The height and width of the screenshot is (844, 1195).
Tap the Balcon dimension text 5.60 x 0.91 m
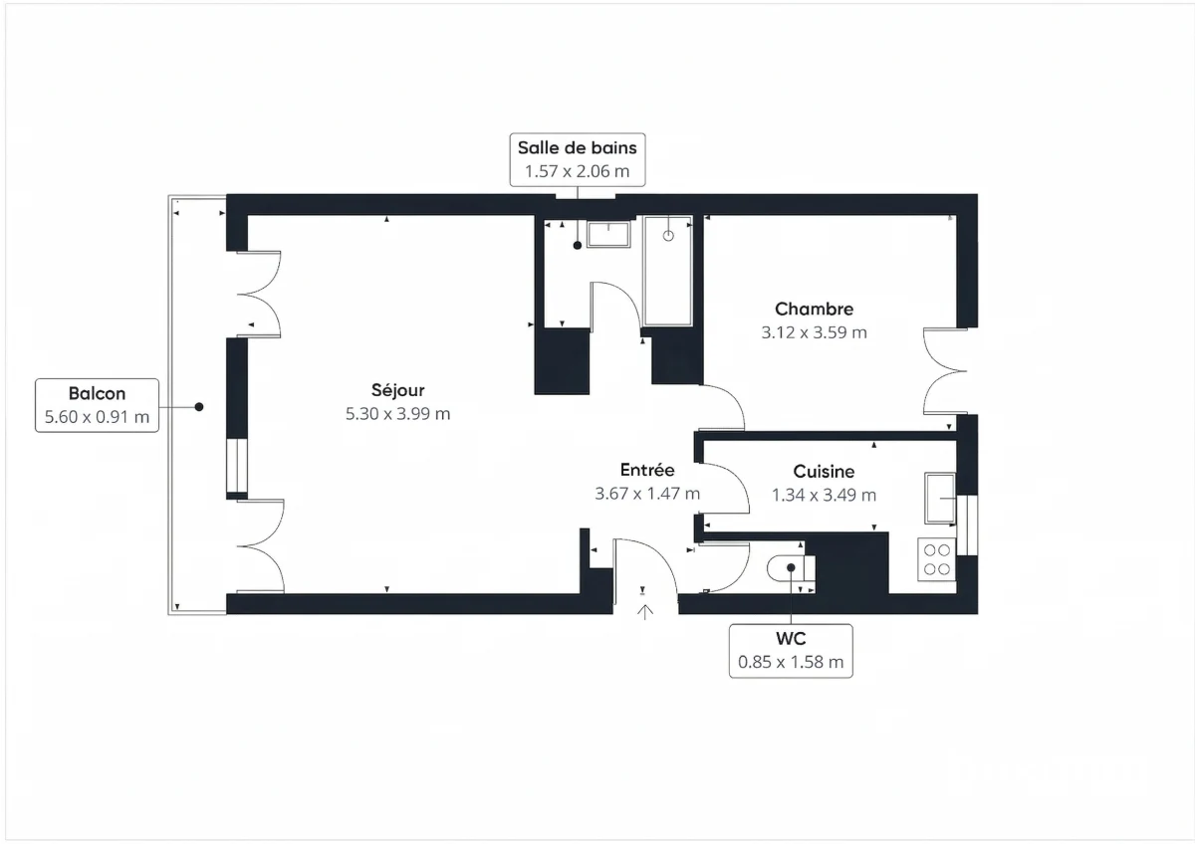pyautogui.click(x=98, y=417)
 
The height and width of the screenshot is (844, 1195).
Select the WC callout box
pyautogui.click(x=791, y=651)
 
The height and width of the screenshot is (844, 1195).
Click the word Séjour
pyautogui.click(x=397, y=390)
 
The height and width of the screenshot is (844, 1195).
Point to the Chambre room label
pyautogui.click(x=814, y=310)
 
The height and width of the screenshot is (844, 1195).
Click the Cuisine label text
pyautogui.click(x=824, y=472)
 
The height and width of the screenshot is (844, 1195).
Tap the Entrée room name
pyautogui.click(x=647, y=470)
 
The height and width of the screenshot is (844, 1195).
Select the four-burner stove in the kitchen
pyautogui.click(x=936, y=559)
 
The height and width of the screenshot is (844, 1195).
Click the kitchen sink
pyautogui.click(x=938, y=497)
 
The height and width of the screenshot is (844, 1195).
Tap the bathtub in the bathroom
pyautogui.click(x=667, y=271)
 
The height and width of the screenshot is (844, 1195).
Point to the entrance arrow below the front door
pyautogui.click(x=645, y=610)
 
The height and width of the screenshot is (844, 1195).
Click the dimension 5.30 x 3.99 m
pyautogui.click(x=397, y=414)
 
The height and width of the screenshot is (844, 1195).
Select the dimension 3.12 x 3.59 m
pyautogui.click(x=814, y=333)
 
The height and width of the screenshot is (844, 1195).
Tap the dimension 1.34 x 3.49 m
pyautogui.click(x=824, y=495)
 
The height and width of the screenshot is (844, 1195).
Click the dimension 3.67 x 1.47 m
pyautogui.click(x=647, y=494)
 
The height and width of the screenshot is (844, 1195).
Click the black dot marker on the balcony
pyautogui.click(x=199, y=407)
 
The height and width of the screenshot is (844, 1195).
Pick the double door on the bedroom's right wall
pyautogui.click(x=944, y=370)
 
